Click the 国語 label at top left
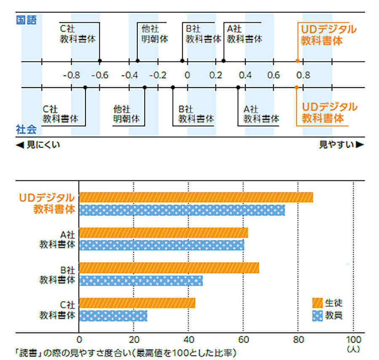point(26,20)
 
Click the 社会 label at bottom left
point(26,129)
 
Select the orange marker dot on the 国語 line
point(297,61)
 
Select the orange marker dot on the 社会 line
point(297,87)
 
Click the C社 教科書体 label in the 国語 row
point(78,34)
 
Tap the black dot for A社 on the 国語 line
point(224,61)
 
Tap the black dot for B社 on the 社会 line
point(173,87)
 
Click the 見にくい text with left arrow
point(38,145)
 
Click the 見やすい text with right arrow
point(341,145)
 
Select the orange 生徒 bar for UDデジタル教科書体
point(196,197)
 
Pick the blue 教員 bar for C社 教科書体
point(113,315)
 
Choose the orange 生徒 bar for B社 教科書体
point(169,267)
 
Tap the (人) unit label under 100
point(353,349)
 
